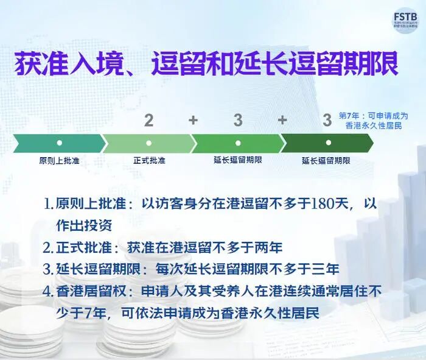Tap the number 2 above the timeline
[x=149, y=120]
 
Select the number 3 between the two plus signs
[x=238, y=120]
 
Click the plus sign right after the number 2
[x=193, y=120]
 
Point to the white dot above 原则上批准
[x=59, y=143]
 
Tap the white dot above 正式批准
[x=149, y=143]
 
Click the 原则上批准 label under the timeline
[x=59, y=161]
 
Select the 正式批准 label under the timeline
[x=149, y=161]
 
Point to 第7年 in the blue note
[x=352, y=115]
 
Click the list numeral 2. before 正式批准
[x=49, y=247]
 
